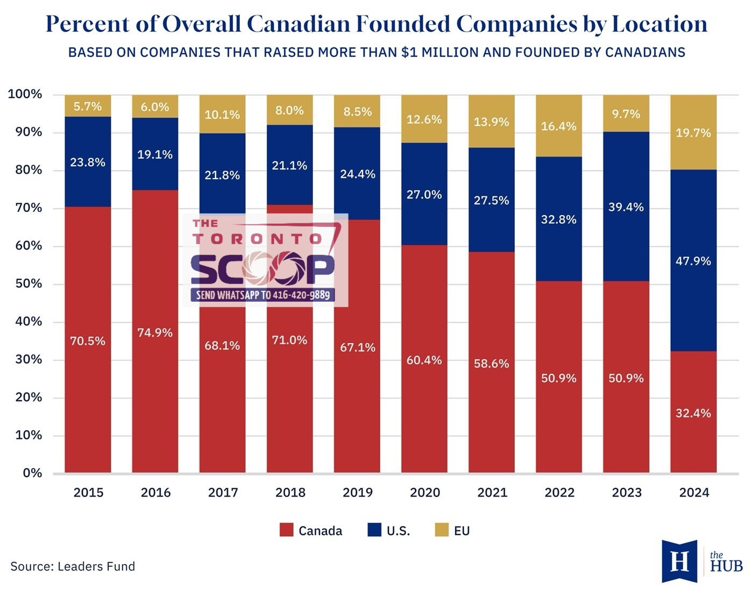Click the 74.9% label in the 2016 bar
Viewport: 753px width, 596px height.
[x=155, y=333]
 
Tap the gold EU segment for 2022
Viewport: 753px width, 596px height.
[x=559, y=126]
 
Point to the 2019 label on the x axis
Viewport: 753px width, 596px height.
[x=358, y=493]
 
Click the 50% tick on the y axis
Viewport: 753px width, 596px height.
[x=25, y=284]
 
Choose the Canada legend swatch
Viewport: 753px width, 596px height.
[x=287, y=530]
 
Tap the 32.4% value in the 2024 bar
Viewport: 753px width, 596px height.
[x=693, y=413]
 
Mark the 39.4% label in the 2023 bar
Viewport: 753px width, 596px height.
[x=626, y=207]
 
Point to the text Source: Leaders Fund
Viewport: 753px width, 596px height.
[x=73, y=566]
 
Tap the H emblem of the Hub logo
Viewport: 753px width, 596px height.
[x=679, y=562]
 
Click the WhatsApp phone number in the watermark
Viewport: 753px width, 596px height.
[x=301, y=295]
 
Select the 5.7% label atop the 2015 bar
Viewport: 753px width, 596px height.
[x=88, y=107]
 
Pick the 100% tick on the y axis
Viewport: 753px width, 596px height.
[x=25, y=95]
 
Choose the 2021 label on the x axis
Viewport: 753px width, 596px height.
[x=492, y=493]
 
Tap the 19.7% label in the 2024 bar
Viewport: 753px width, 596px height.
[x=693, y=133]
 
